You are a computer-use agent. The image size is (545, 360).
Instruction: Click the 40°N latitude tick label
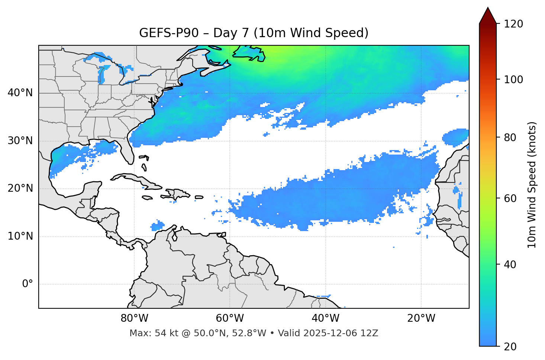[x=20, y=93]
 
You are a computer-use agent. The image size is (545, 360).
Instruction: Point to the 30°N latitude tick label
[x=20, y=141]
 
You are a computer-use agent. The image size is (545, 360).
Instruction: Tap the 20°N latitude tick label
[x=20, y=188]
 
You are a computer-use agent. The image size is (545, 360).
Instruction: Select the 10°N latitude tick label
[x=20, y=236]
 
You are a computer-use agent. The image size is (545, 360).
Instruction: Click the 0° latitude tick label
[x=27, y=284]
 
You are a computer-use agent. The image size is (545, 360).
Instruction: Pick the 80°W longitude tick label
[x=134, y=318]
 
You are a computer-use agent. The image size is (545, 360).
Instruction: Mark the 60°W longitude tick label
[x=230, y=318]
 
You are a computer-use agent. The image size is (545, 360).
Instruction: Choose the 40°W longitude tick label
[x=326, y=318]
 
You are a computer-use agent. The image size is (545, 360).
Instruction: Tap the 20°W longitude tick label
[x=421, y=318]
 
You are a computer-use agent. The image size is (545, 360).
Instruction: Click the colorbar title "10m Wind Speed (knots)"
[x=532, y=185]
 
